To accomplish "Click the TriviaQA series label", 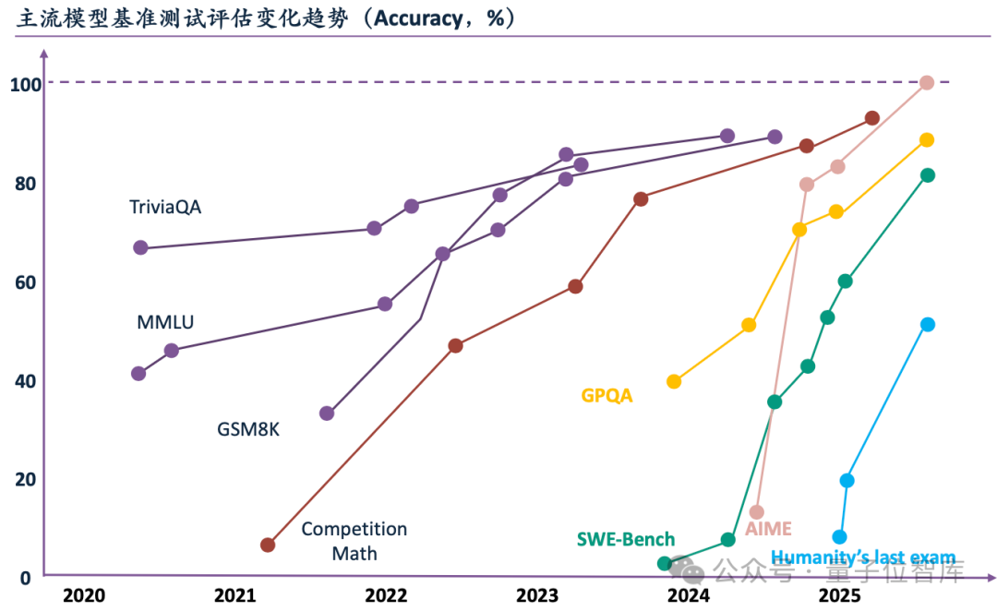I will [x=165, y=208].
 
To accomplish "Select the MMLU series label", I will [x=165, y=323].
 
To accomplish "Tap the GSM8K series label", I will [x=248, y=429].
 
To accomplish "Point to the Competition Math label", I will [x=354, y=541].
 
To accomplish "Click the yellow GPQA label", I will [x=607, y=396].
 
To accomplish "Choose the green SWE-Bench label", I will [x=625, y=540].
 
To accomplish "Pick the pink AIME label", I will [x=768, y=529].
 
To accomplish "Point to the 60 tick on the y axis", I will [x=25, y=282].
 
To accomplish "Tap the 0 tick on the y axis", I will [x=27, y=578].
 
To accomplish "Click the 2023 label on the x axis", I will [x=537, y=595].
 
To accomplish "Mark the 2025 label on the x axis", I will [x=839, y=595].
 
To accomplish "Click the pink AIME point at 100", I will [x=927, y=83].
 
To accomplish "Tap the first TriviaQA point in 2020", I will [x=140, y=247].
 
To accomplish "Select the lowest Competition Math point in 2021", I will [x=268, y=545].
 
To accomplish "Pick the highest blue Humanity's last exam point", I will [x=928, y=324].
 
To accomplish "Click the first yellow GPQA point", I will [x=674, y=381].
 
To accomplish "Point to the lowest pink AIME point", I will [x=757, y=511].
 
